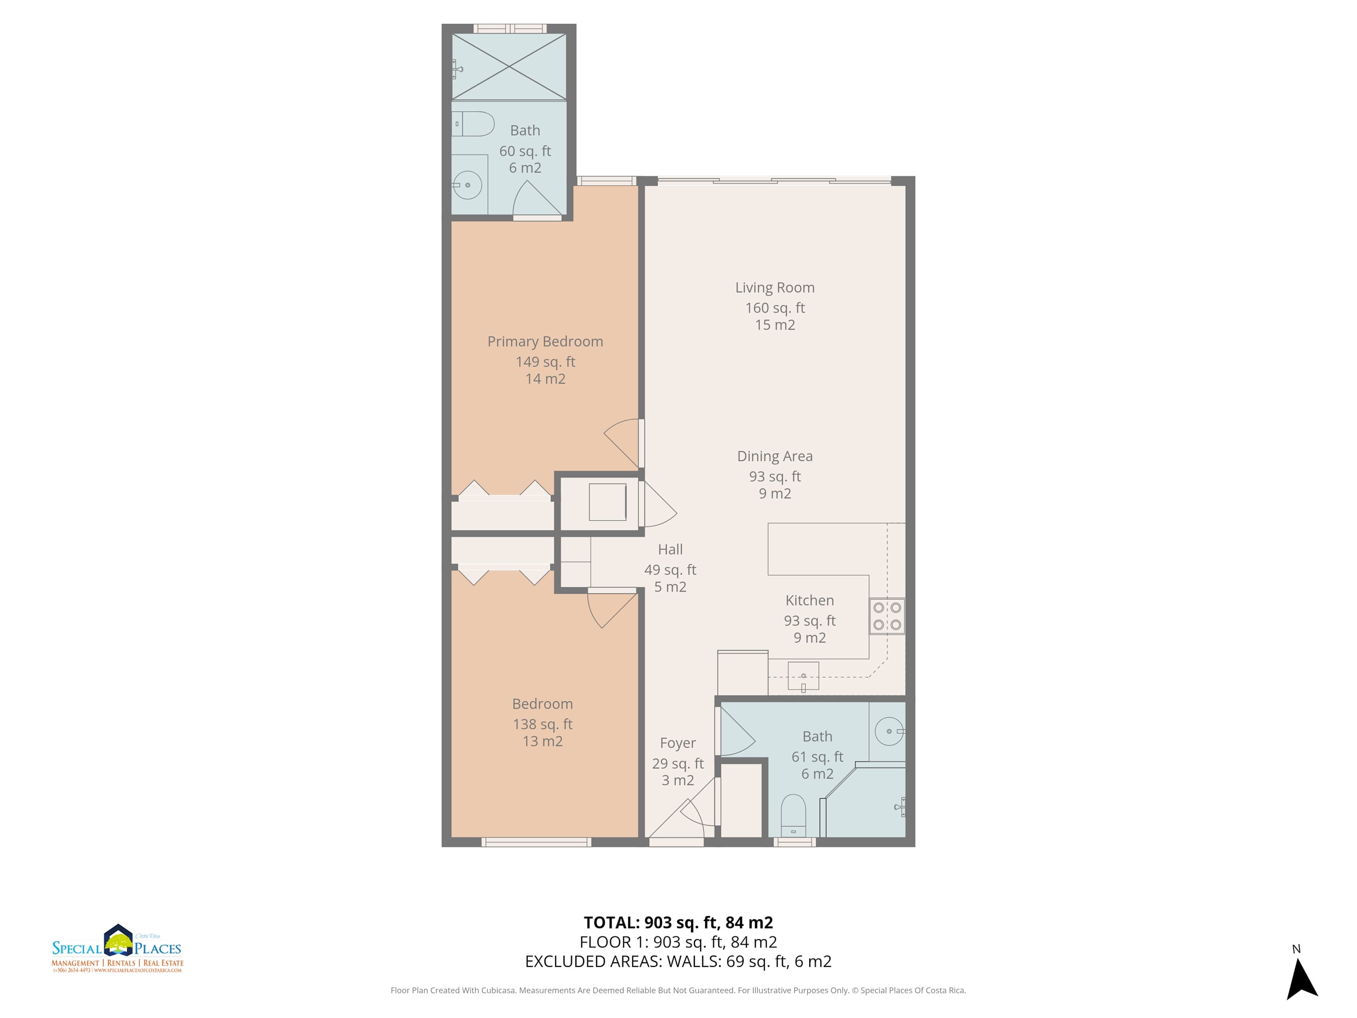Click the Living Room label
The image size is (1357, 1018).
pos(775,287)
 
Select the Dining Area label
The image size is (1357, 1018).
pos(775,456)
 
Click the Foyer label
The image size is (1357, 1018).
pos(678,743)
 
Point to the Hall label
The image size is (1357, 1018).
pos(670,549)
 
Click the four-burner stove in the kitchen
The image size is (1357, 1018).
pos(887,616)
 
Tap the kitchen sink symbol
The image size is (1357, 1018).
pos(803,676)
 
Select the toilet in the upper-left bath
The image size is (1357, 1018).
pos(473,124)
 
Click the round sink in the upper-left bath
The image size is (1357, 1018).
pos(467,185)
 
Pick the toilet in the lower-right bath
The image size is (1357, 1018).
pos(793,815)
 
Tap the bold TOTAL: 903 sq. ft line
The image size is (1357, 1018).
pos(678,922)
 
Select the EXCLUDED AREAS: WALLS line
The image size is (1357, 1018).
pos(678,961)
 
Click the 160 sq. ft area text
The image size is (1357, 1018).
pos(775,308)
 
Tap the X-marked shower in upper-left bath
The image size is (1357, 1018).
pos(509,66)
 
